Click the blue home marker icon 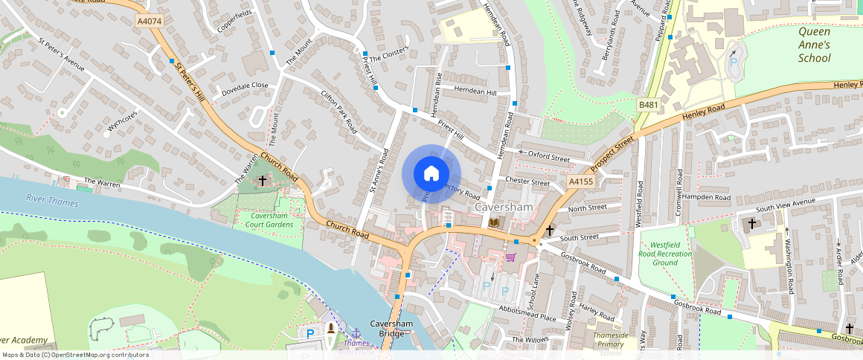pos(431,174)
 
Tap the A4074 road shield pos(150,22)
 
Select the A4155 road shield pos(580,181)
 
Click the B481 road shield pos(649,106)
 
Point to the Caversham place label pos(503,206)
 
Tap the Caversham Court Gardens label pos(266,220)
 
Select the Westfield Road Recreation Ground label pos(670,254)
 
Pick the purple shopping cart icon pos(510,257)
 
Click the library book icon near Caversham pos(494,222)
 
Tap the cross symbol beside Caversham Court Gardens pos(262,181)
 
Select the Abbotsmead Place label pos(527,314)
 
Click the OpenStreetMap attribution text pos(76,355)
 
